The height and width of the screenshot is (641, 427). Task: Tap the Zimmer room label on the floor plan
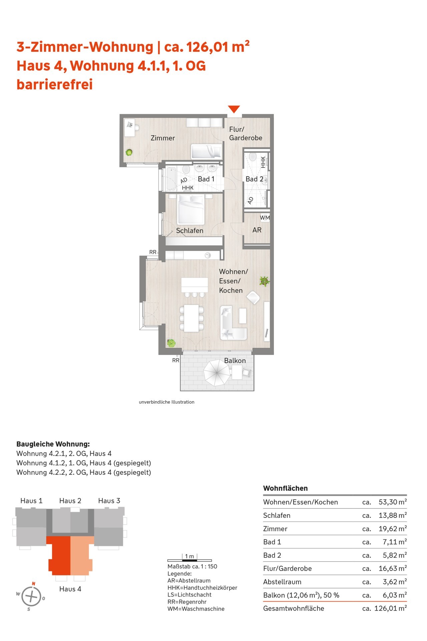[x=163, y=138]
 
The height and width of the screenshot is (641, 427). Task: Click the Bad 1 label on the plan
[x=206, y=179]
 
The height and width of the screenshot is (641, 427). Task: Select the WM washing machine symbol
[x=265, y=218]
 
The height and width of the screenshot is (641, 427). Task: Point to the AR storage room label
[x=257, y=230]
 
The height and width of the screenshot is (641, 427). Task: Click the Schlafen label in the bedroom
[x=189, y=231]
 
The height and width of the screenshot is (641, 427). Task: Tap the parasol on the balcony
[x=217, y=374]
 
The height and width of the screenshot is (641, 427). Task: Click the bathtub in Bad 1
[x=171, y=179]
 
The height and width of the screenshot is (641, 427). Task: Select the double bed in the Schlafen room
[x=191, y=209]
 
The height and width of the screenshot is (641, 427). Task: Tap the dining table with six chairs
[x=191, y=318]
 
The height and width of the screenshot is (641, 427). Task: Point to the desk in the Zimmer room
[x=129, y=128]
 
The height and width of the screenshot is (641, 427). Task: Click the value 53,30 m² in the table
[x=393, y=502]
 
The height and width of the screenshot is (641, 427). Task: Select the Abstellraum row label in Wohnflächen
[x=282, y=582]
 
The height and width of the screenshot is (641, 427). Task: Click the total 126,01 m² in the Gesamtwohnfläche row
[x=391, y=608]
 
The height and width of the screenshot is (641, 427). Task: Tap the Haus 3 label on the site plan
[x=109, y=501]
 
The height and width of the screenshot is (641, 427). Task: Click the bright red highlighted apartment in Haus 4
[x=59, y=556]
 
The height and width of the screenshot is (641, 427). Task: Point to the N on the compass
[x=33, y=584]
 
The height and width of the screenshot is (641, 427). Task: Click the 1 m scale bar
[x=189, y=560]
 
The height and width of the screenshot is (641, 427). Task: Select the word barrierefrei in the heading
[x=55, y=84]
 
